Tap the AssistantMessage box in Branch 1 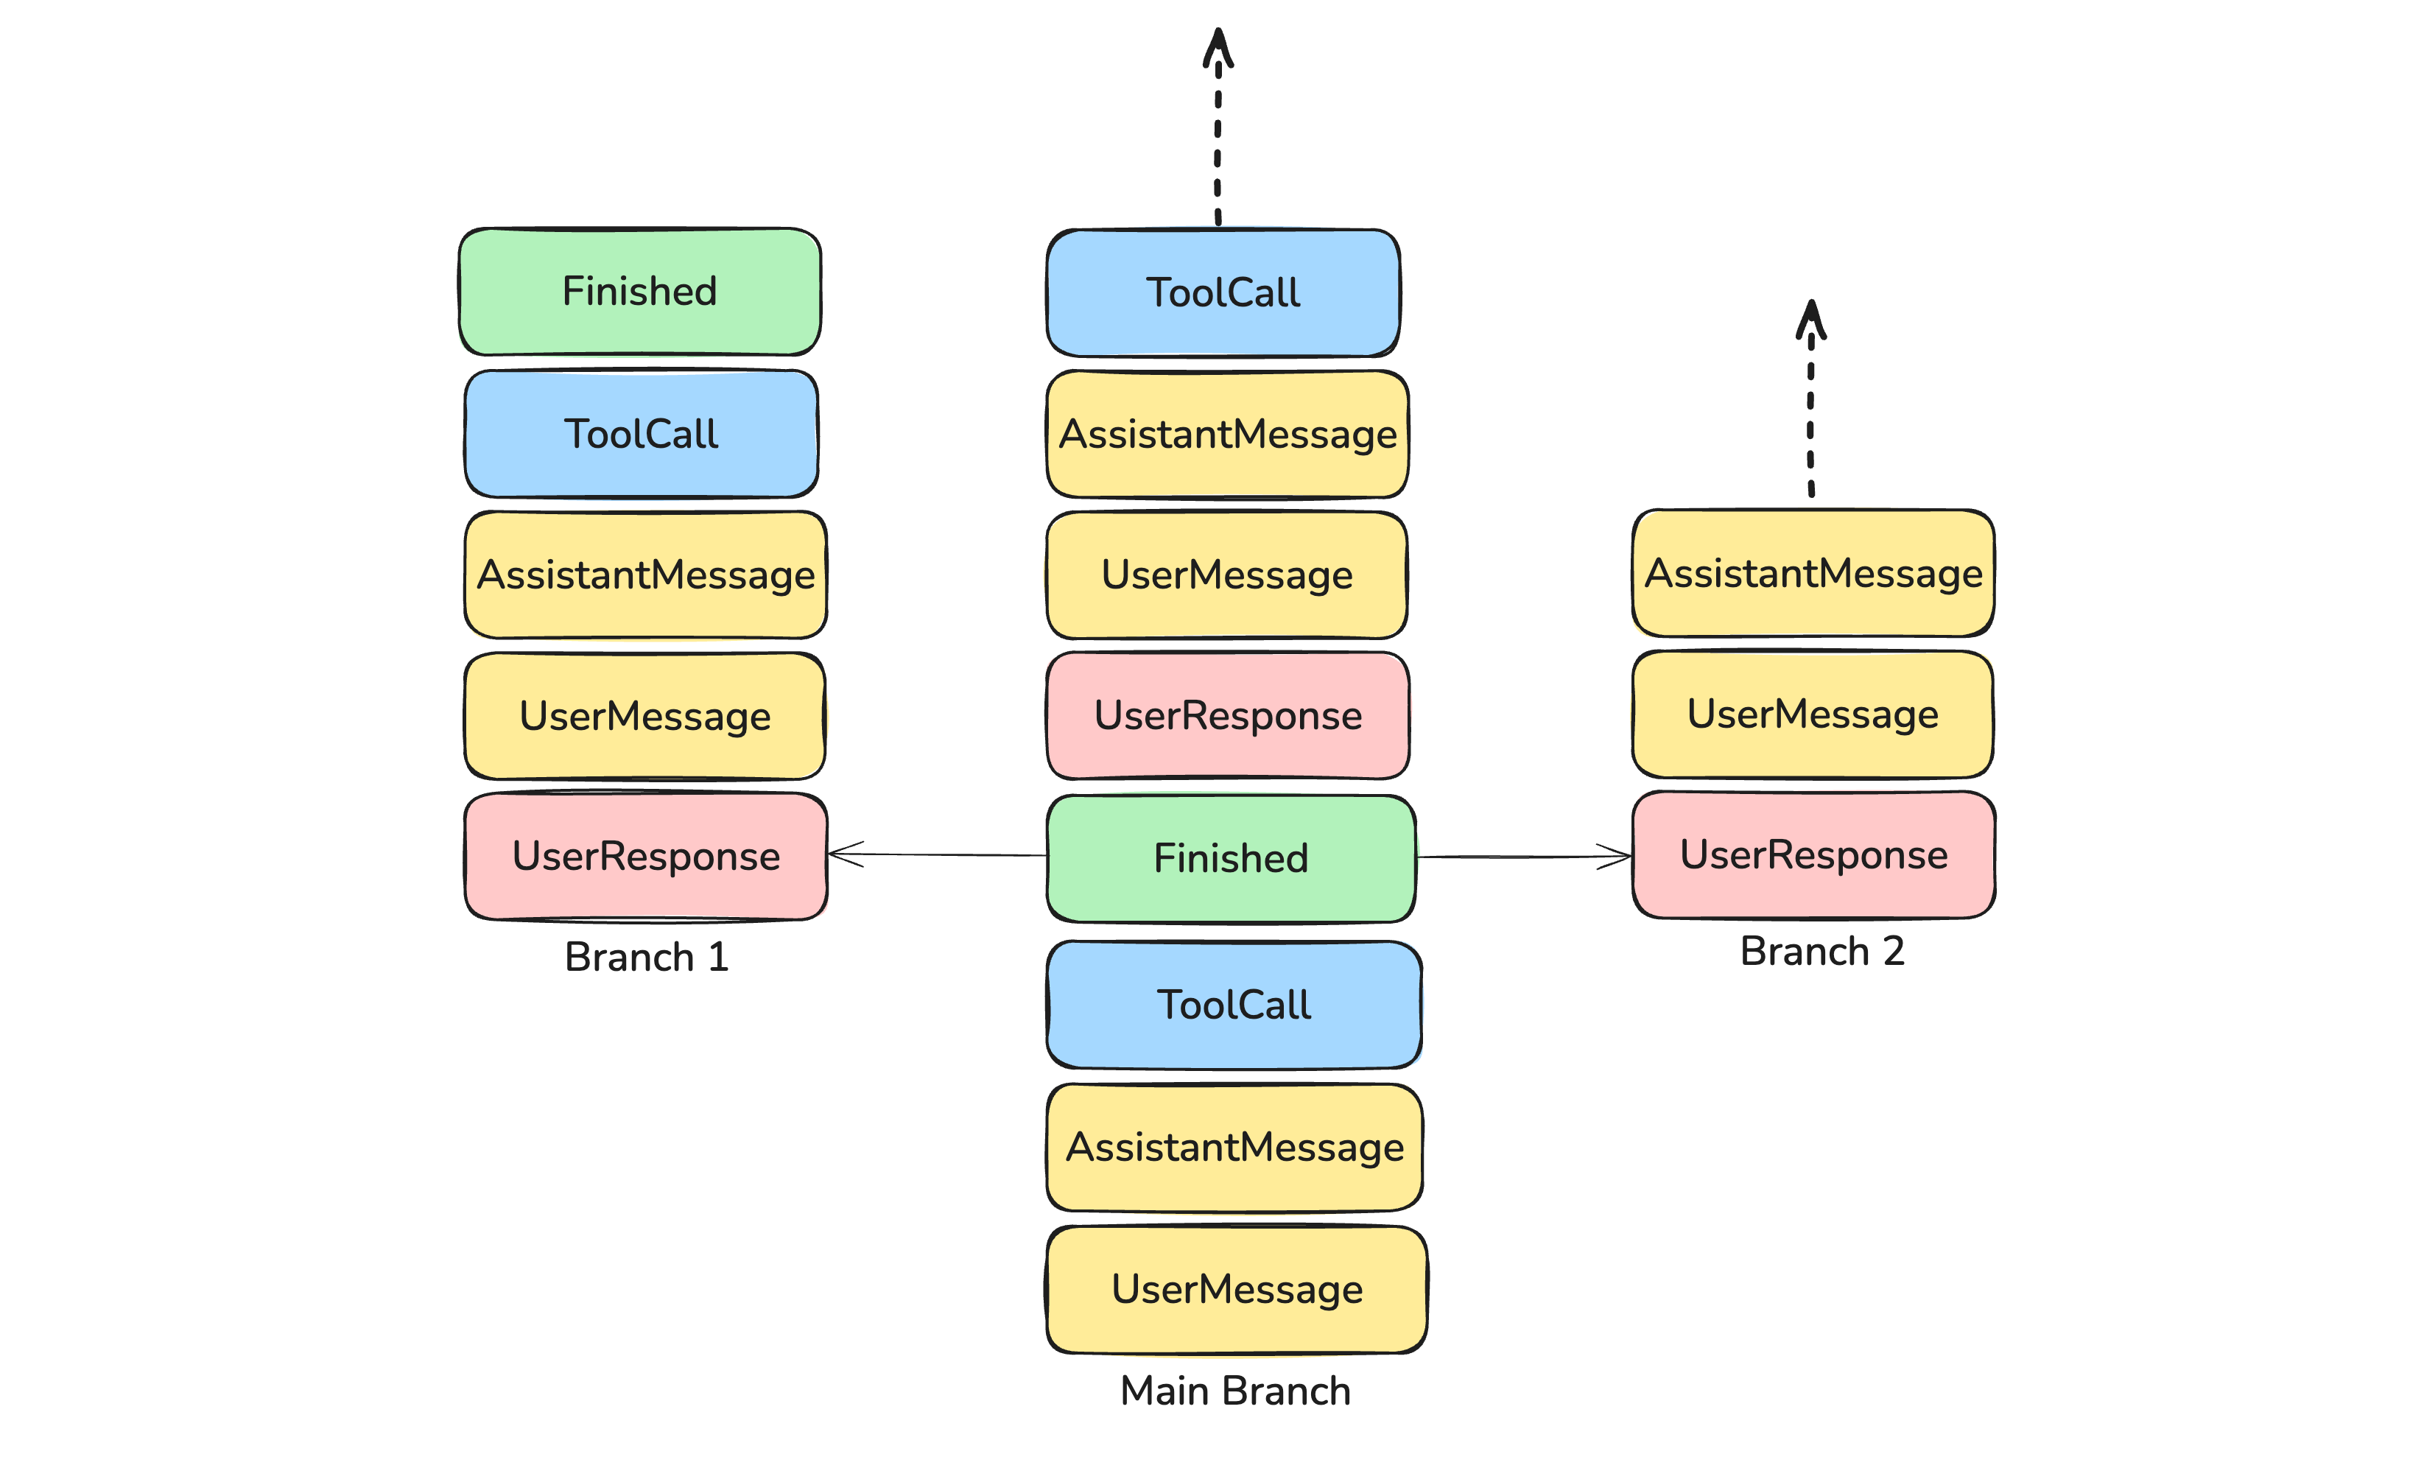pyautogui.click(x=645, y=575)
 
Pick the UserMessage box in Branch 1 pyautogui.click(x=645, y=716)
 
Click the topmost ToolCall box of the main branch pyautogui.click(x=1223, y=293)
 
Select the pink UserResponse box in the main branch pyautogui.click(x=1228, y=716)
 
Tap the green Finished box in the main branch pyautogui.click(x=1231, y=859)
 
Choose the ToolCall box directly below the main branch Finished pyautogui.click(x=1234, y=1005)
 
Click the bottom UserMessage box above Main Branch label pyautogui.click(x=1237, y=1290)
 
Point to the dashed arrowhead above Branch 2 pyautogui.click(x=1811, y=320)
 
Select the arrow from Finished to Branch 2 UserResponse pyautogui.click(x=1525, y=857)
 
